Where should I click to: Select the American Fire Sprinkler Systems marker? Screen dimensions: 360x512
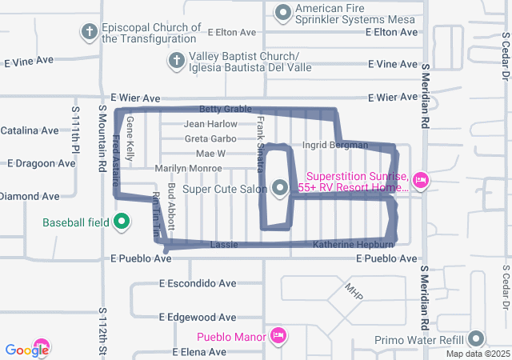point(283,12)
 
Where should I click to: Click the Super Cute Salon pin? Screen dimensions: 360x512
point(280,189)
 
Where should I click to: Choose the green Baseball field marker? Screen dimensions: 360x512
point(122,222)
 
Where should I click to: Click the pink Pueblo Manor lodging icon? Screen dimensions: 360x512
point(278,334)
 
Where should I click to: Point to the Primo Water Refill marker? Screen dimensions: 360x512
point(477,339)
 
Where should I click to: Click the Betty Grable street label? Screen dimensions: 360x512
point(226,109)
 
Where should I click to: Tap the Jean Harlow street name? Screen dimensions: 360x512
point(210,124)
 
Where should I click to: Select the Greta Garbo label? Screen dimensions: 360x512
point(210,138)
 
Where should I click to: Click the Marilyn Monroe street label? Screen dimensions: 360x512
point(188,168)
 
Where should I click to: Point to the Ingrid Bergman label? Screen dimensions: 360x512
point(335,145)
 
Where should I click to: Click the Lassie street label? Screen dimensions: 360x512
point(223,244)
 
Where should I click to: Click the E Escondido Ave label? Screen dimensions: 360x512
point(198,283)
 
